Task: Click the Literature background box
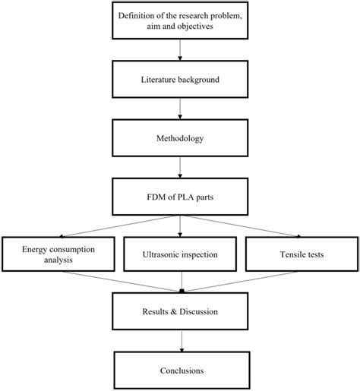click(180, 79)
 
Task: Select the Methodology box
click(180, 138)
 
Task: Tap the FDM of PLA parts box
click(180, 197)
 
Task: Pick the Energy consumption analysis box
click(58, 254)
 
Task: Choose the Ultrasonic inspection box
click(180, 254)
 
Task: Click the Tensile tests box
click(302, 254)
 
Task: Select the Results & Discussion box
click(180, 311)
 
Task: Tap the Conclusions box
click(182, 371)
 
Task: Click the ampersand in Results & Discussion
click(174, 311)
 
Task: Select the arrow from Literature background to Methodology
click(180, 109)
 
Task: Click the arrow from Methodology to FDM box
click(180, 167)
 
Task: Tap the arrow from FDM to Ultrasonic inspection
click(180, 226)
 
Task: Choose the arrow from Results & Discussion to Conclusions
click(182, 341)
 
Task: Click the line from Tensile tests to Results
click(241, 282)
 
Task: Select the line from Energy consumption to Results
click(121, 282)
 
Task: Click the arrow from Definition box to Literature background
click(180, 50)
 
